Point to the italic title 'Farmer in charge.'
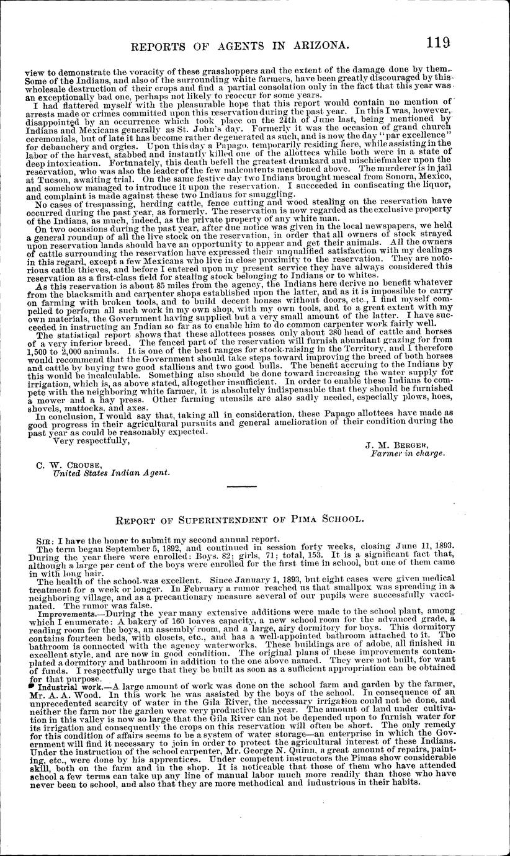[407, 453]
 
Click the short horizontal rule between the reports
[241, 486]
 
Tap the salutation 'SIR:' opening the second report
[45, 540]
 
